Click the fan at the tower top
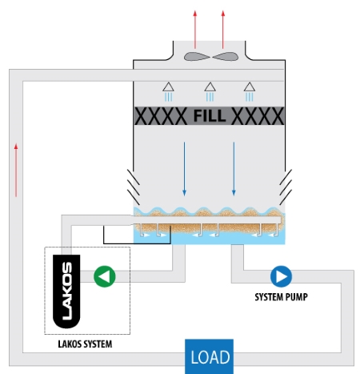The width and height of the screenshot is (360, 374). coord(210,57)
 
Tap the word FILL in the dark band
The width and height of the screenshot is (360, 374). coord(210,116)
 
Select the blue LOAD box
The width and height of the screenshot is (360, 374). coord(210,356)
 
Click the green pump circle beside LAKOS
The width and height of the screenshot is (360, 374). coord(105,276)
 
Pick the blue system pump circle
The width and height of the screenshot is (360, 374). coord(281,276)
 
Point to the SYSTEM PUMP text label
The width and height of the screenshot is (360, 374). coord(281,297)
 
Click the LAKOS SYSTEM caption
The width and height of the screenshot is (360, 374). coord(85,344)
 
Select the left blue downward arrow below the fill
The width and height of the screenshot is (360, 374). coord(184,168)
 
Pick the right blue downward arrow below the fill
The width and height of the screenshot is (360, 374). coord(234,168)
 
